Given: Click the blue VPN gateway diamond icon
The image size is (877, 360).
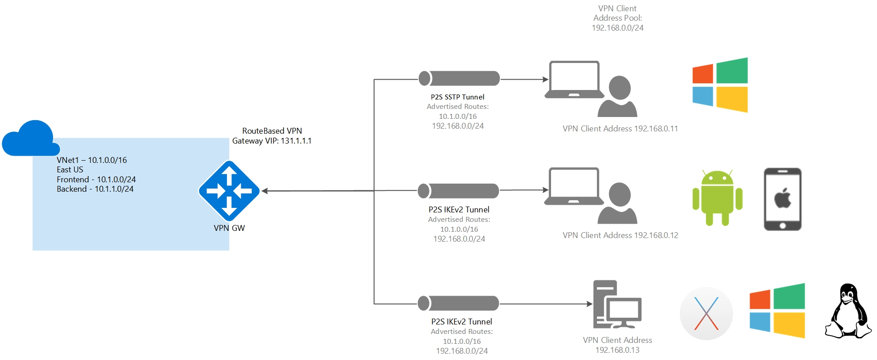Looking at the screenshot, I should (229, 191).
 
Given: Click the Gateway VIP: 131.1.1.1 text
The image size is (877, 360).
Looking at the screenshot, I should (271, 141).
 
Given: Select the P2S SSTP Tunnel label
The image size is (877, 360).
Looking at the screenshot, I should (457, 97).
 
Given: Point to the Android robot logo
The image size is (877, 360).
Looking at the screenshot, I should (717, 198).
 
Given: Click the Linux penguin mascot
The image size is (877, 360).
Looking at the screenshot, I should (848, 311).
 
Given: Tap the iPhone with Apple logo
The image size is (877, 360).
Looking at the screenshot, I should (782, 199).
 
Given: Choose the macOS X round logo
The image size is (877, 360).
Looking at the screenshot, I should (706, 314).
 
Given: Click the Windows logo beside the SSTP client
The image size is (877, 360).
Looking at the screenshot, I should (720, 85).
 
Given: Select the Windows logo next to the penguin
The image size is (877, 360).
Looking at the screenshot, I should (777, 310).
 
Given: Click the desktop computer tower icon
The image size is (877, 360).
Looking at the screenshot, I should (616, 305).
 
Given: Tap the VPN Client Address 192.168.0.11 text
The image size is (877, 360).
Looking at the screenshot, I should (620, 129).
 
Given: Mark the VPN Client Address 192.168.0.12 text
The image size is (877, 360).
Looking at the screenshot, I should (620, 235).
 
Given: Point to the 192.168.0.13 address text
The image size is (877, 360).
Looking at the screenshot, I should (617, 350).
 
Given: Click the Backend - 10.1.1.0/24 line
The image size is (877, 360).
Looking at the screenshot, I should (95, 189).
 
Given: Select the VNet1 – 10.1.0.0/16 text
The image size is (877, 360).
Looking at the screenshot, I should (92, 160).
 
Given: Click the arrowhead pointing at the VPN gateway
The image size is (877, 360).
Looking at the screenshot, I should (265, 191).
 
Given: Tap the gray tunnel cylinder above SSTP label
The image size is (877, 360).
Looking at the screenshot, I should (459, 78).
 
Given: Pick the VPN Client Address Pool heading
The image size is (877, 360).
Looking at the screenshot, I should (617, 13).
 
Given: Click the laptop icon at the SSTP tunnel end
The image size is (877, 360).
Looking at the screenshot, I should (574, 80).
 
